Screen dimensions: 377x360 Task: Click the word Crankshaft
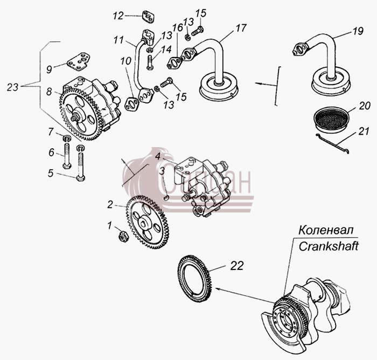click(x=329, y=246)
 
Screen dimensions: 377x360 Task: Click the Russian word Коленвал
click(x=326, y=230)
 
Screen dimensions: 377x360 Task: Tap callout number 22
click(x=237, y=266)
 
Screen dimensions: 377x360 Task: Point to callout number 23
click(x=12, y=87)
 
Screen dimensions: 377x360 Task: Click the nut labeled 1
click(x=123, y=236)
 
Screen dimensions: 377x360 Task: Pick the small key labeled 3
click(x=165, y=198)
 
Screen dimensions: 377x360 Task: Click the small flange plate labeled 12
click(x=148, y=17)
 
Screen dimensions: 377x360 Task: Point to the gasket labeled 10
click(x=132, y=104)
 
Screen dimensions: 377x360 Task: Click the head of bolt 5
click(x=81, y=178)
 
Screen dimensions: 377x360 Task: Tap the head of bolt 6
click(x=67, y=166)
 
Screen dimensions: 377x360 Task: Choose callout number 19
click(x=358, y=31)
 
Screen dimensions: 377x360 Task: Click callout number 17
click(x=241, y=28)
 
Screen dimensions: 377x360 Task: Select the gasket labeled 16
click(x=174, y=63)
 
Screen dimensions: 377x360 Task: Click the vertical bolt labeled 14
click(x=150, y=63)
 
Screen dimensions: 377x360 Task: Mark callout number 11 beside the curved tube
click(x=118, y=40)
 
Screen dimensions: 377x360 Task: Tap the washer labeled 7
click(x=67, y=139)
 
